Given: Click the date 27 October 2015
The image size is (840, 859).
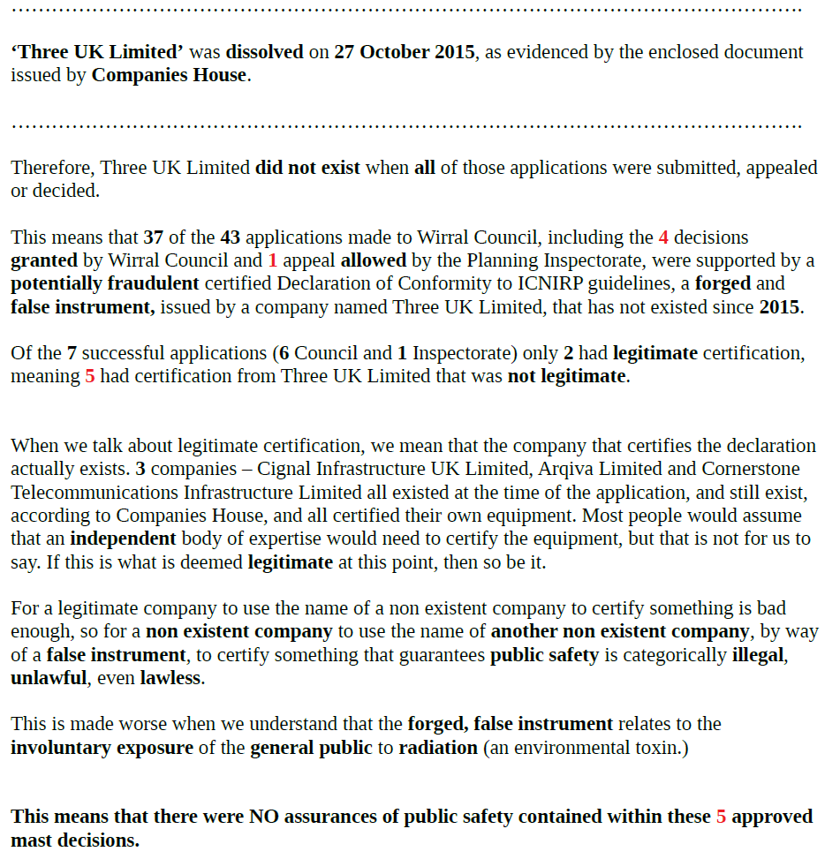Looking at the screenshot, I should (405, 51).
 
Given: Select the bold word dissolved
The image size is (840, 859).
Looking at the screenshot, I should (264, 51).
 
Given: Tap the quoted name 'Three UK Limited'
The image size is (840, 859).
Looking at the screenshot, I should (96, 51).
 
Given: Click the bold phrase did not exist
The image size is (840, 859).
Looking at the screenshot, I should (307, 168).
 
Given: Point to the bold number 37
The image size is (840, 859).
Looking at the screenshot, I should (154, 237).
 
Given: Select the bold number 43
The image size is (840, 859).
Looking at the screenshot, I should (231, 237).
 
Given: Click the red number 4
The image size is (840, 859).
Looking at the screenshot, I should (663, 237).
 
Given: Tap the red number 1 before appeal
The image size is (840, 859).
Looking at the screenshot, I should (273, 260).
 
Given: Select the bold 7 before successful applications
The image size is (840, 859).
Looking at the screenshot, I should (72, 353).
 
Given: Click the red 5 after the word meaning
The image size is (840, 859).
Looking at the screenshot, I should (90, 376).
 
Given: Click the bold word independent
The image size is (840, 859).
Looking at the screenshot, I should (123, 539).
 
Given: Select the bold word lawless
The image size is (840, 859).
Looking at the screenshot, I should (171, 678).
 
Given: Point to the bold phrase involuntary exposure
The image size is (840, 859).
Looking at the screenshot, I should (102, 748).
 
